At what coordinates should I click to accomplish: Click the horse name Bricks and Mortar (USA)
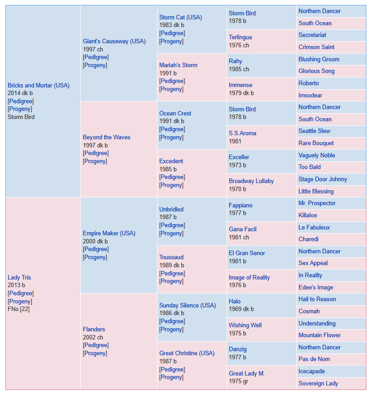click(x=38, y=86)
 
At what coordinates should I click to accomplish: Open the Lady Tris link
click(x=19, y=277)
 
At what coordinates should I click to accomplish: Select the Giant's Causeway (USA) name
click(x=114, y=41)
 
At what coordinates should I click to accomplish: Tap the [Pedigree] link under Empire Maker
click(x=96, y=249)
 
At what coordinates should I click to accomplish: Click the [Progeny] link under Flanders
click(x=95, y=353)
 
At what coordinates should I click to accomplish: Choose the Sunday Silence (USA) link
click(x=187, y=305)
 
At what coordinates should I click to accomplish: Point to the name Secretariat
click(x=312, y=35)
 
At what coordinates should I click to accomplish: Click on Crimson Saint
click(x=316, y=47)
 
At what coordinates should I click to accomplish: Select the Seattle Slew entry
click(x=314, y=131)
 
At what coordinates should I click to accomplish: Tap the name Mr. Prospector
click(x=317, y=203)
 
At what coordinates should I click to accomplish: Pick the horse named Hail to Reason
click(x=317, y=299)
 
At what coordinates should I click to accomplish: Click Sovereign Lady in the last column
click(x=318, y=384)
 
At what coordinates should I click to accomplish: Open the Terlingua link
click(x=240, y=37)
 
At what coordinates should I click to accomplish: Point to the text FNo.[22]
click(x=18, y=309)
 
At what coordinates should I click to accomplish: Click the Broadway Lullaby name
click(x=251, y=181)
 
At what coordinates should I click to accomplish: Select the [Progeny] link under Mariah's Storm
click(x=171, y=89)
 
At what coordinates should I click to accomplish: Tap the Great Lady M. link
click(x=246, y=373)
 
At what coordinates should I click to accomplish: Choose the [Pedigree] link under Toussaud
click(x=172, y=273)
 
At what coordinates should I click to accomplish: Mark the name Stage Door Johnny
click(x=323, y=179)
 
